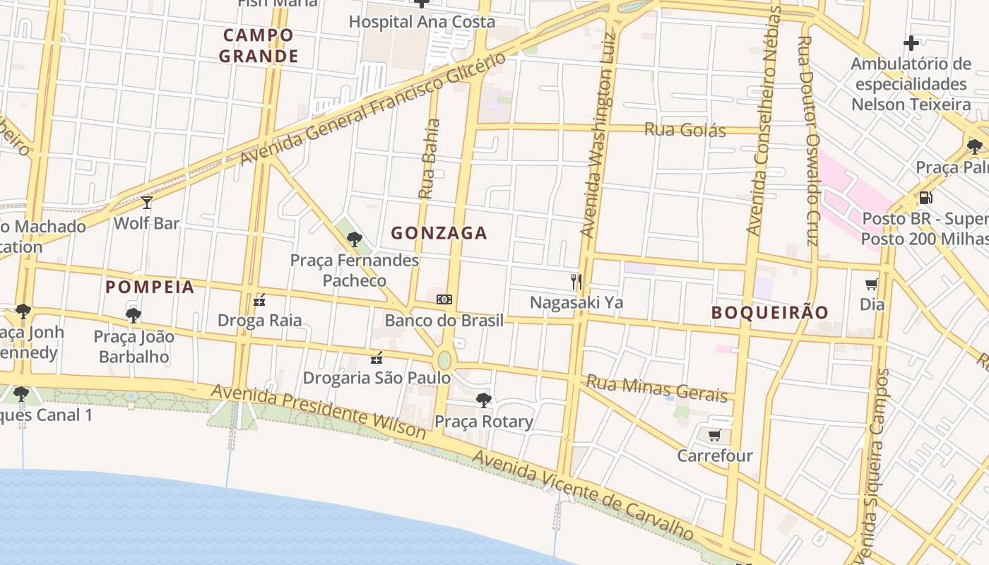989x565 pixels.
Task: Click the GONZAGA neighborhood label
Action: [439, 233]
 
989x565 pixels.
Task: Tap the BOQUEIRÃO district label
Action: [769, 312]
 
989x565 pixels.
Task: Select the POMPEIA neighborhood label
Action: [150, 287]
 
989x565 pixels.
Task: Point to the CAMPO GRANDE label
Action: [259, 45]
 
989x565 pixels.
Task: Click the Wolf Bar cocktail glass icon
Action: [147, 203]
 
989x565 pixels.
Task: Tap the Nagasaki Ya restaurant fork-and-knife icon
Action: [576, 282]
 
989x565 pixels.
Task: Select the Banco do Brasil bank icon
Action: [444, 299]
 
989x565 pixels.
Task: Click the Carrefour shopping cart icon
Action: [714, 435]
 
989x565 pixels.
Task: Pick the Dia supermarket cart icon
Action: [872, 284]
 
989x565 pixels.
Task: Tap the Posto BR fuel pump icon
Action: [925, 198]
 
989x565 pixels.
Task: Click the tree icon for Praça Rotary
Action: [484, 400]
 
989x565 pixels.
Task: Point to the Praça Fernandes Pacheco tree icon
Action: [355, 239]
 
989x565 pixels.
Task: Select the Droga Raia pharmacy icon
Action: [259, 300]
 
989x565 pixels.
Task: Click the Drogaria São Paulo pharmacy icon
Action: [377, 357]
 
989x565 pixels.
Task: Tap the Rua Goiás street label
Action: [685, 130]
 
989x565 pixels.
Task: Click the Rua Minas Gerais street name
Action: [657, 388]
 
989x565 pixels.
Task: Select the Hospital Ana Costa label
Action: [422, 22]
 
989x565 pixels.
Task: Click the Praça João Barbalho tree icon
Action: [134, 315]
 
